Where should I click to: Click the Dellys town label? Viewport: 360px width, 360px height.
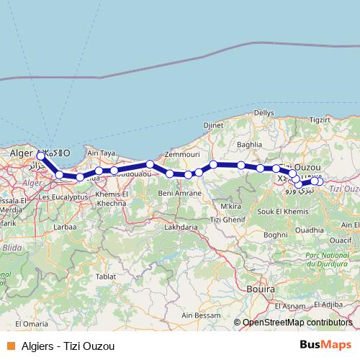click(263, 113)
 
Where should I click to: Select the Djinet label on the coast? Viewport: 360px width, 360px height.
click(214, 125)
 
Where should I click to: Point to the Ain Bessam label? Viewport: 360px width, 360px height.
click(199, 315)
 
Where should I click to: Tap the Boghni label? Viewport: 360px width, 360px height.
click(276, 234)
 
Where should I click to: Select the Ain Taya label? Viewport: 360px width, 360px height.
click(102, 153)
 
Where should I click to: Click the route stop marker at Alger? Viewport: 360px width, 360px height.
click(41, 156)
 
